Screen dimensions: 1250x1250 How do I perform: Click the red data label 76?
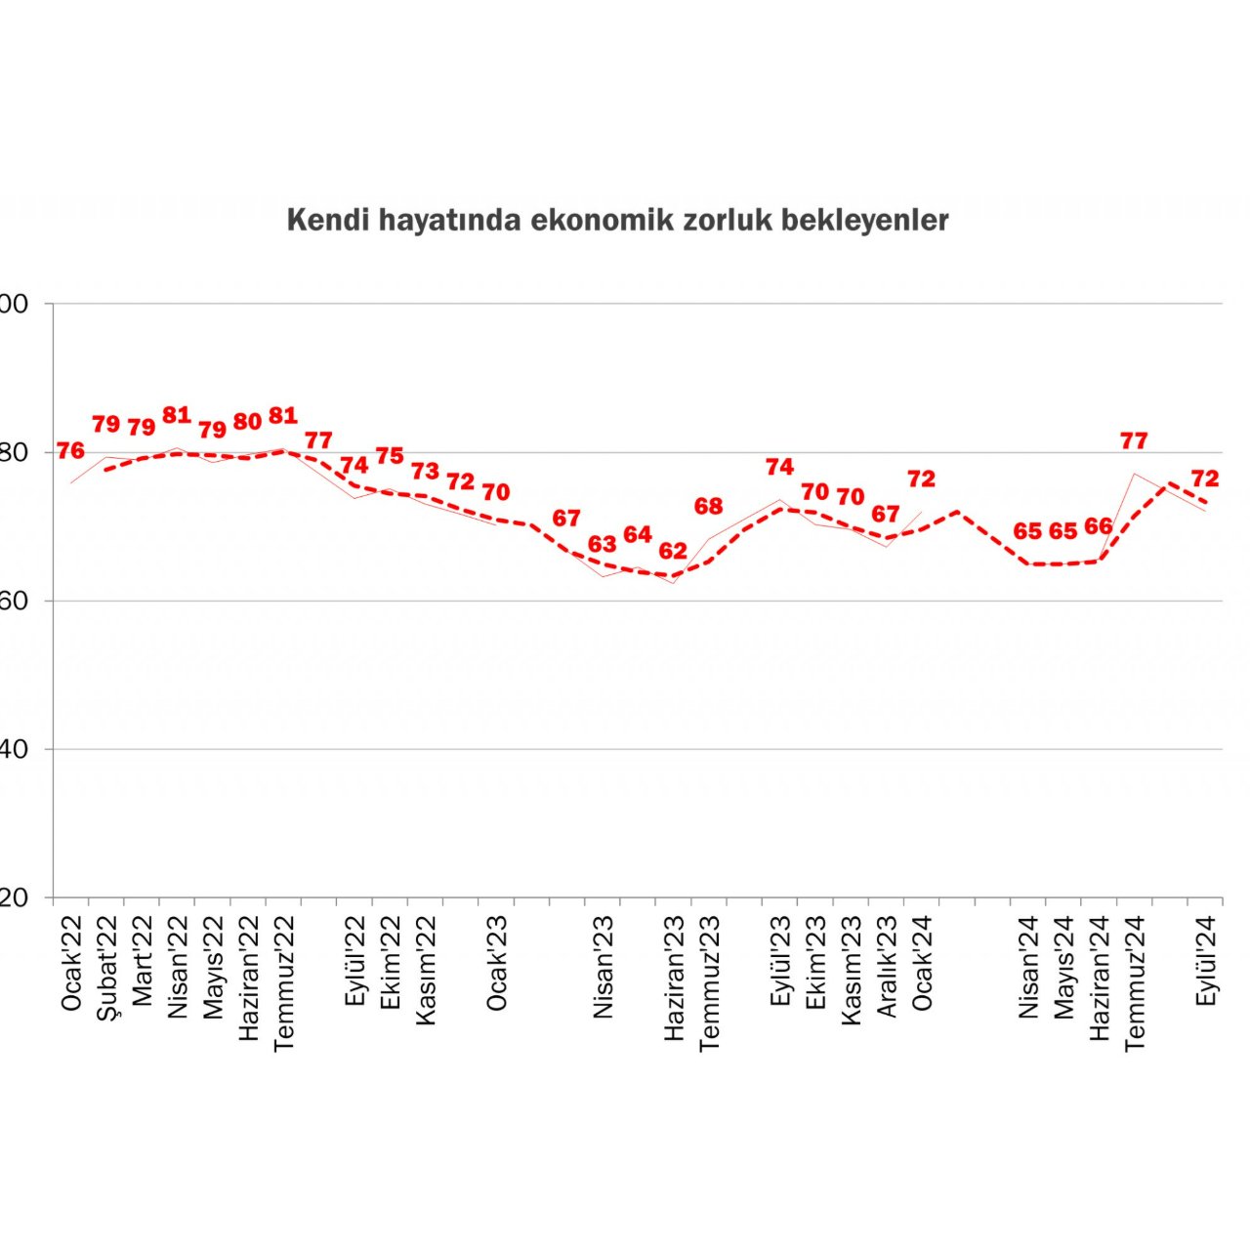pos(70,451)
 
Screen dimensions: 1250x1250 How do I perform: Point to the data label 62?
pos(673,551)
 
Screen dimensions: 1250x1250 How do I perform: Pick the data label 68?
pos(708,506)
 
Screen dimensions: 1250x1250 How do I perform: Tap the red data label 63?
pos(602,544)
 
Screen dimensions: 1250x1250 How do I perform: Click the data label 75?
pos(390,456)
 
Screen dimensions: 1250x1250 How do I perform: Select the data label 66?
pos(1099,526)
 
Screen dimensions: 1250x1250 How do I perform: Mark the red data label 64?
pos(637,534)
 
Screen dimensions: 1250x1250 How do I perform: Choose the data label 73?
pos(425,472)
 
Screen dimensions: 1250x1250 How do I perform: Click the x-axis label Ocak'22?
pos(72,963)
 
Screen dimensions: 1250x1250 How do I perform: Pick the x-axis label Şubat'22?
pos(107,969)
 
